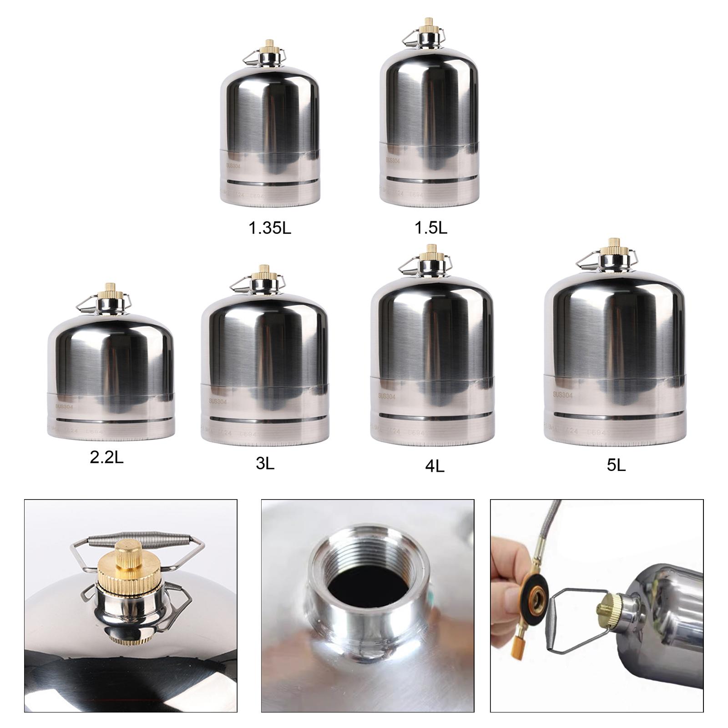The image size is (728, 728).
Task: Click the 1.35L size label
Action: (270, 228)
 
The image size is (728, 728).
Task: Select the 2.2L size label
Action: (106, 457)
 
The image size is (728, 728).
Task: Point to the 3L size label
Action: (265, 464)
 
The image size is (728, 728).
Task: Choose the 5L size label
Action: (617, 465)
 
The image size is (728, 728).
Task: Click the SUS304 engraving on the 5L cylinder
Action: (563, 394)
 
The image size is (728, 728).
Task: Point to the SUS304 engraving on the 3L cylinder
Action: (218, 401)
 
